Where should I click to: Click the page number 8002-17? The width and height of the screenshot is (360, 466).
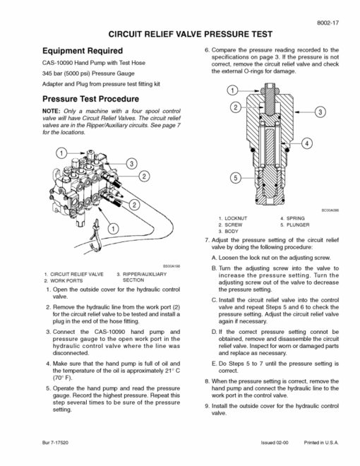point(328,23)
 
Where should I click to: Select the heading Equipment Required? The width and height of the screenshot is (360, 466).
point(83,51)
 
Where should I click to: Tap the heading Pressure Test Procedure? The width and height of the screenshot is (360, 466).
point(90,99)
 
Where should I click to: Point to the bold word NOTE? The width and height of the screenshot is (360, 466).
point(52,111)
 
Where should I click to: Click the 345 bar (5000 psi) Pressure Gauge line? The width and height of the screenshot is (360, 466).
point(88,73)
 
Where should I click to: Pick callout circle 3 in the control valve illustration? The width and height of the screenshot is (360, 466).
point(131,164)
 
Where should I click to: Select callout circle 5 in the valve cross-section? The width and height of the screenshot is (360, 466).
point(236,178)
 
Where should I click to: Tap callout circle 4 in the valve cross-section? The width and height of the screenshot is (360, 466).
point(307,143)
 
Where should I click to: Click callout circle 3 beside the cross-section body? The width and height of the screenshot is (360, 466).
point(320,112)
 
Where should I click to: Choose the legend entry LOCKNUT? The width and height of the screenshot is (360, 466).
point(236,218)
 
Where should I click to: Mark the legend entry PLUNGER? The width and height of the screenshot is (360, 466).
point(298,225)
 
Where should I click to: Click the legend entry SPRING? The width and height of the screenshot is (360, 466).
point(296,218)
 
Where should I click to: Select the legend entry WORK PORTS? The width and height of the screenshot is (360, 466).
point(66,281)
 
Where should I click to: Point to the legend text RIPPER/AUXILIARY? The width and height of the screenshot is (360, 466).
point(145,275)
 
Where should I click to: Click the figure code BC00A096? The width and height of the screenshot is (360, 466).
point(330,210)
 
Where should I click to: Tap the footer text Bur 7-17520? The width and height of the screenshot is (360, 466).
point(55,443)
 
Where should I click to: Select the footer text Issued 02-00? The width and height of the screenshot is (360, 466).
point(275,443)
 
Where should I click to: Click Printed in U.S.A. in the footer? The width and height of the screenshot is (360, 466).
point(321,443)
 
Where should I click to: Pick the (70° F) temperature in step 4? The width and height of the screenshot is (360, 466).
point(63,378)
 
